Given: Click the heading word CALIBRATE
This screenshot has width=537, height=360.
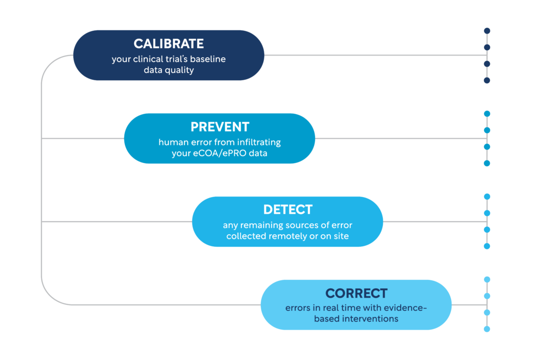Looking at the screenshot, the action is point(168,44).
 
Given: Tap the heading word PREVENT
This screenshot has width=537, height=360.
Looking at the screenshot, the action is point(220,127).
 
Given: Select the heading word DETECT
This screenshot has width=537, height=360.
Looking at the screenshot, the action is point(288,210).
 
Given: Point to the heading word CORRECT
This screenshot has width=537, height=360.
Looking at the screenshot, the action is point(356,293).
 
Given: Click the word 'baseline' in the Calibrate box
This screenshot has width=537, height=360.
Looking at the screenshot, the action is point(208,59).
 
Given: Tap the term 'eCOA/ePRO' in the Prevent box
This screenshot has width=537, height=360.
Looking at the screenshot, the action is point(220,153).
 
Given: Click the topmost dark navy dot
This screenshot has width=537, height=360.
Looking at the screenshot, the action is point(487,31).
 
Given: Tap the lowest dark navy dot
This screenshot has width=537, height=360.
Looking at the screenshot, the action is point(487,80).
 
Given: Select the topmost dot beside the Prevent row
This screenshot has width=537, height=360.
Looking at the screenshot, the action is point(487,114).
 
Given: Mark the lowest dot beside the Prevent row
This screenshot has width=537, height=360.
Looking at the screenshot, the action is point(487,163).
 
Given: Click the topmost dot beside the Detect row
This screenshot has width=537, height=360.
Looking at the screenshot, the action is point(487,197).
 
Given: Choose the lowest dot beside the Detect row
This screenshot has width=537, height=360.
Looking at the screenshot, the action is point(487,246).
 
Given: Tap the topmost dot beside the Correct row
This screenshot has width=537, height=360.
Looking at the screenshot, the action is point(487,280).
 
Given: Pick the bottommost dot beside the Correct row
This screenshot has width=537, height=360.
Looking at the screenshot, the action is point(487,329).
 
